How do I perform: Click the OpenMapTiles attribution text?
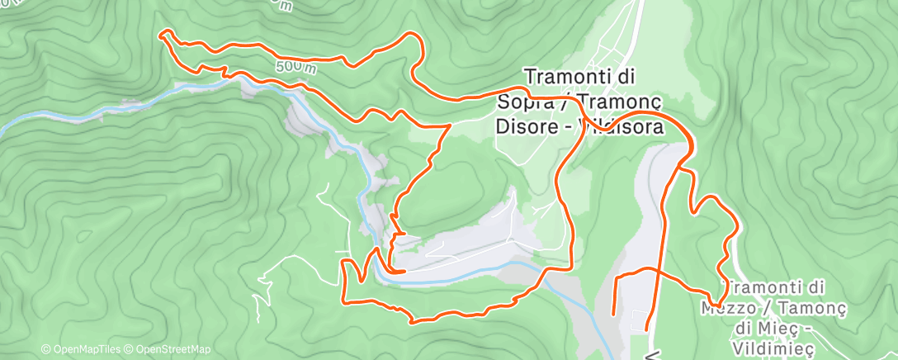(x=82, y=350)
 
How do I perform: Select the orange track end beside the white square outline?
(x=646, y=329)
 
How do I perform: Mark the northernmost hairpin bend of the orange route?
(x=410, y=34)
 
